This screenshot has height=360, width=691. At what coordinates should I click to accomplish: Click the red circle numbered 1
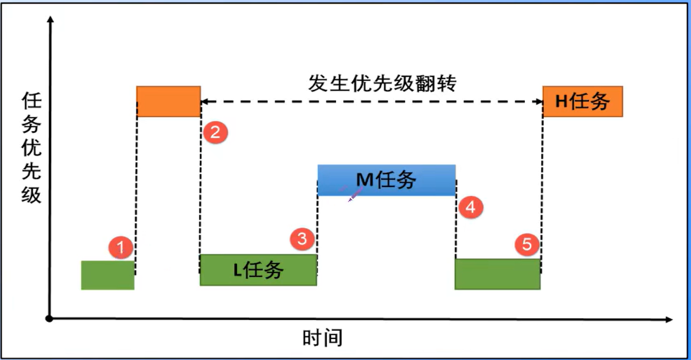122,247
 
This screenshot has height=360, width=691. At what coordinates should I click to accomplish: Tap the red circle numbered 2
215,132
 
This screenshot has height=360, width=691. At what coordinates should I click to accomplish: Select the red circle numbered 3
303,240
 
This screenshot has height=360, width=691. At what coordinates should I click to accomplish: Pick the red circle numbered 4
471,207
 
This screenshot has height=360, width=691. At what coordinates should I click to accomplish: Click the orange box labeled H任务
583,101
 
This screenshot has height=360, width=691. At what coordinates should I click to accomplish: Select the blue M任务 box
387,180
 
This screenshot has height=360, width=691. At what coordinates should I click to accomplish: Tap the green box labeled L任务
258,270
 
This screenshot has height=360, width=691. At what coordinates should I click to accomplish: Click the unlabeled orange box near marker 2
168,101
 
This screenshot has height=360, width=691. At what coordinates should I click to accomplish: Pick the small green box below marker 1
108,275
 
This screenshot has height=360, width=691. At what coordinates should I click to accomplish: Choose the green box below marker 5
497,274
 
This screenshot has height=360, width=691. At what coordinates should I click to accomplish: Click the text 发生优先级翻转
382,83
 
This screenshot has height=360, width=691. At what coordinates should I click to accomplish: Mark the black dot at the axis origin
50,319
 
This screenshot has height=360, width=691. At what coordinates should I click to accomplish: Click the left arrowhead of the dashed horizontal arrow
204,102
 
